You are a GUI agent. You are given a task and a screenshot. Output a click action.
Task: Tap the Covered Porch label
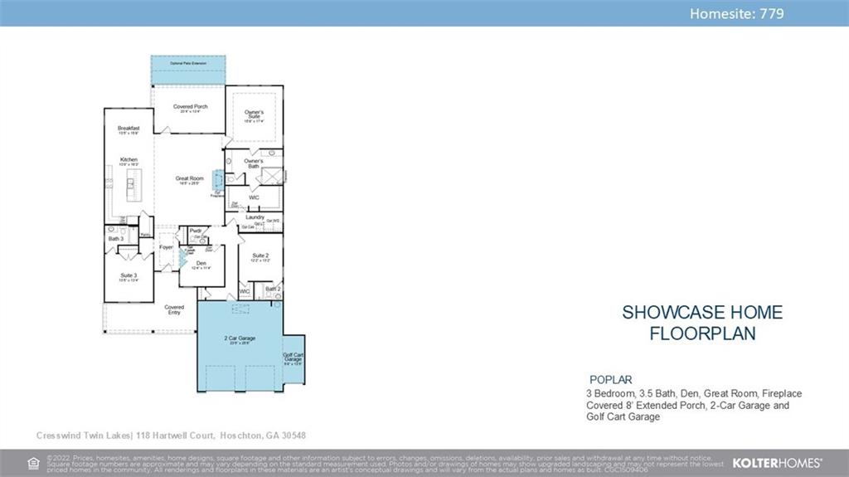[x=191, y=107]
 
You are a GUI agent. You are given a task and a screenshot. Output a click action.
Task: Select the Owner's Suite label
[x=254, y=114]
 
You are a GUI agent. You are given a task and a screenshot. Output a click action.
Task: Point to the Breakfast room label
[x=129, y=128]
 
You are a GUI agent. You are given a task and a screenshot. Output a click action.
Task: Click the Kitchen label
[x=129, y=159]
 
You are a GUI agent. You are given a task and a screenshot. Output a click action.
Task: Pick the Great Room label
[x=189, y=178]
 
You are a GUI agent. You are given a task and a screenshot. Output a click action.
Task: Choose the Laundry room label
[x=255, y=217]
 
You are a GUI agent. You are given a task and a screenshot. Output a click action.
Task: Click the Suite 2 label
[x=260, y=256]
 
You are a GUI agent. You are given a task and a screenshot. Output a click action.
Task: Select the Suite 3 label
[x=129, y=275]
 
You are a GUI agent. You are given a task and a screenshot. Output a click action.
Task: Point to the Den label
[x=201, y=263]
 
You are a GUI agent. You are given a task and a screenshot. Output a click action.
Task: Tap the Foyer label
[x=167, y=247]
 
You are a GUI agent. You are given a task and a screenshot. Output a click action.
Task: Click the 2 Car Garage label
[x=239, y=338]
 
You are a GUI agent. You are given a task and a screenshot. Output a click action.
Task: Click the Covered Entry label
[x=174, y=309]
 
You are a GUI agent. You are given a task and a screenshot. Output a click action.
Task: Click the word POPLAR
[x=610, y=379]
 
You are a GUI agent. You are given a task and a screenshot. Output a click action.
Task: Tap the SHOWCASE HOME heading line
[x=701, y=313]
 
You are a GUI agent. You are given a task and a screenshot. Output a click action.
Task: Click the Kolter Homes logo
[x=778, y=463]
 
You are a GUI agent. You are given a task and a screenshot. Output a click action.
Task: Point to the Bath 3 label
[x=115, y=239]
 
